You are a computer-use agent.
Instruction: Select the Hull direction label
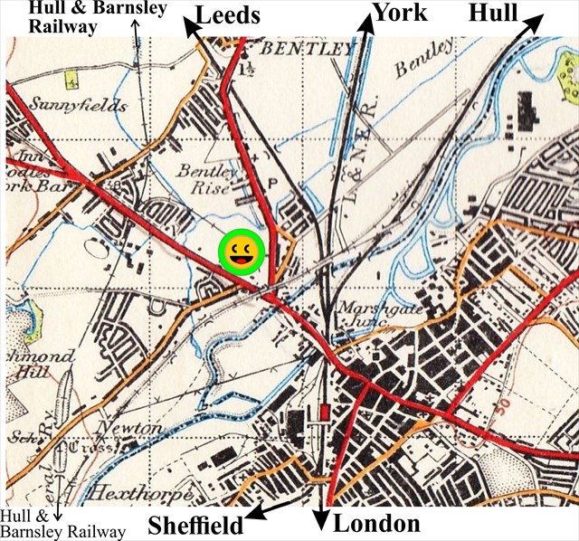pyautogui.click(x=493, y=13)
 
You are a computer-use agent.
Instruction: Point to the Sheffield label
pyautogui.click(x=195, y=526)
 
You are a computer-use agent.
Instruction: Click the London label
pyautogui.click(x=377, y=524)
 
